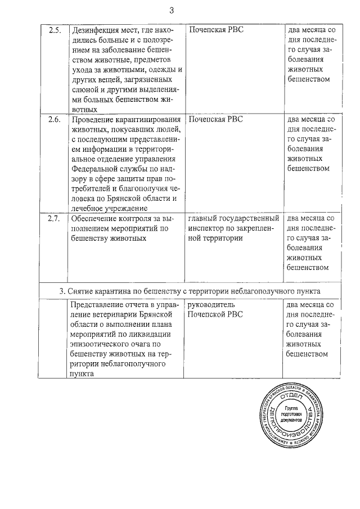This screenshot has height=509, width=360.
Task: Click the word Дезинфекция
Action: pos(93,30)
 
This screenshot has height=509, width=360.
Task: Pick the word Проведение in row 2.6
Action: pos(92,120)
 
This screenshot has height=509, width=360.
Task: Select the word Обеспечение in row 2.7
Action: pos(93,218)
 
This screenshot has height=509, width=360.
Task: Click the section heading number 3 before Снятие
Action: pos(61,291)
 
